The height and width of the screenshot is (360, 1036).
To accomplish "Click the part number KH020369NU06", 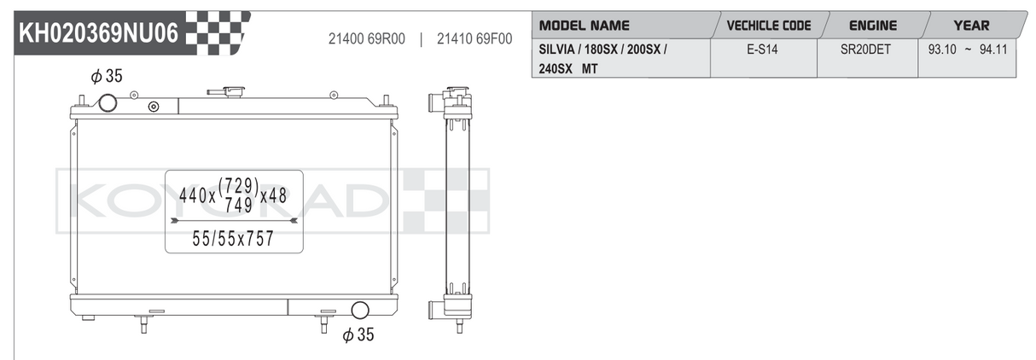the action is click(98, 33).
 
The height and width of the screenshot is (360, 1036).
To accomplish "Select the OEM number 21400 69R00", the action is click(367, 39).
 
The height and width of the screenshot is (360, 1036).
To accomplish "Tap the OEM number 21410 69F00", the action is click(474, 39).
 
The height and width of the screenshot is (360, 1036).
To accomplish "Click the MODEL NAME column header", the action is click(585, 26).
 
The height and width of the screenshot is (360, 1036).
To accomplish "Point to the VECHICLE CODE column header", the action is click(769, 26).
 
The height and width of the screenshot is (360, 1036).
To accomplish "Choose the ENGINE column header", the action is click(873, 26).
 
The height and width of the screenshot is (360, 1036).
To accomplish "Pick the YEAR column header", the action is click(971, 26).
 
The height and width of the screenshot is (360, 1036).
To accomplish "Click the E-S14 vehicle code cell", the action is click(762, 49).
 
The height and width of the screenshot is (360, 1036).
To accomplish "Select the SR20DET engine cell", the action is click(865, 49).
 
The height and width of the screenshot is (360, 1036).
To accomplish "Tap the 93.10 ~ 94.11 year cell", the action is click(968, 49).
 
